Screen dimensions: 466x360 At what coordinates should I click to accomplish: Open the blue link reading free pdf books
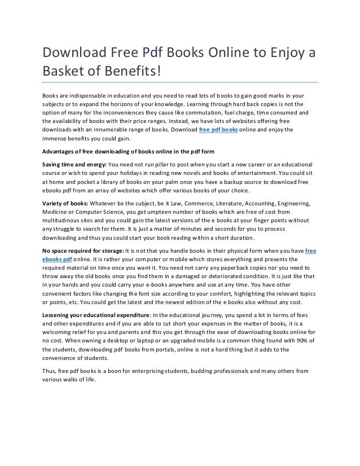point(218,129)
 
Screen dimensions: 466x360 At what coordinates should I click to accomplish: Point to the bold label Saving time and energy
point(73,164)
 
